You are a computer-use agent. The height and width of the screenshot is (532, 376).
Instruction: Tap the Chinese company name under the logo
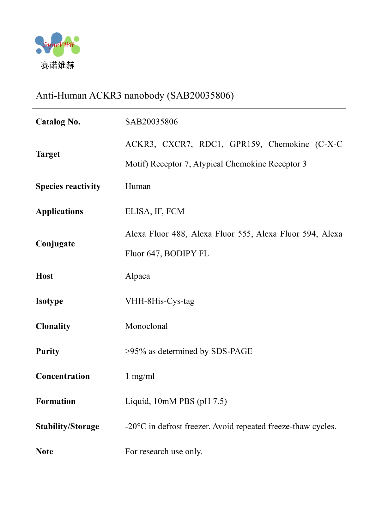pos(58,65)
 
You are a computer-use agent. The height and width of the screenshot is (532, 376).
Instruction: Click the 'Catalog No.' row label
pos(58,122)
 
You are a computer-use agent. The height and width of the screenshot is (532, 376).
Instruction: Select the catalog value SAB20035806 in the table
pos(151,122)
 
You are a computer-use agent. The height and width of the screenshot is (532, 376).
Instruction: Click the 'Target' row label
pos(48,154)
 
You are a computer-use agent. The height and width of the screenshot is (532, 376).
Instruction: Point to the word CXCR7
pos(177,144)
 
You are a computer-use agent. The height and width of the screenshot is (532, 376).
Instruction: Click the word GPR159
pos(245,144)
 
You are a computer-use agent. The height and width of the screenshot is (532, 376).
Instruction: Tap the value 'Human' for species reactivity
pos(138,186)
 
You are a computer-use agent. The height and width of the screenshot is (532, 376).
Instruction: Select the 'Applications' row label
pos(59,212)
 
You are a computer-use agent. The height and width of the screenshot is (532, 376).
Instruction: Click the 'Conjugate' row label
pos(55,244)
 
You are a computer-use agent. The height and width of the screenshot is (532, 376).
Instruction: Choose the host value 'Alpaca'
pos(137,276)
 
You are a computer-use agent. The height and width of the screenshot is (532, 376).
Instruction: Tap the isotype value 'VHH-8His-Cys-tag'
pos(160,301)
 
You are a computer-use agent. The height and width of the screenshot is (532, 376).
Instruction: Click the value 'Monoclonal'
pos(146,326)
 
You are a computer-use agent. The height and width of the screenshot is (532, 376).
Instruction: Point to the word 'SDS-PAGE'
pos(232,351)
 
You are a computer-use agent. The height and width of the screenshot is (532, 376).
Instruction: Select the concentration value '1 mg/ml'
pos(140,376)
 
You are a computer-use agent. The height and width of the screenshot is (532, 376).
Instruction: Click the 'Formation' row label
pos(56,402)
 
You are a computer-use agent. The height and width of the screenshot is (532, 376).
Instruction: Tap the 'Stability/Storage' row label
pos(67,426)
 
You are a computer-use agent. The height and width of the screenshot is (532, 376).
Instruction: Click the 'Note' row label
pos(45,452)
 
